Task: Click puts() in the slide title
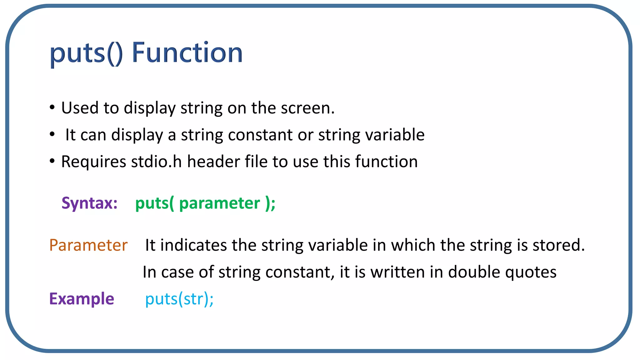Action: pyautogui.click(x=86, y=53)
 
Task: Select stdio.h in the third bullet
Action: pyautogui.click(x=156, y=162)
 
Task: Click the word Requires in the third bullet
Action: pyautogui.click(x=93, y=162)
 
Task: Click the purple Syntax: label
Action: pyautogui.click(x=89, y=203)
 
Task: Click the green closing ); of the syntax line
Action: pyautogui.click(x=270, y=203)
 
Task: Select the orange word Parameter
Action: pyautogui.click(x=88, y=245)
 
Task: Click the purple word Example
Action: pyautogui.click(x=82, y=299)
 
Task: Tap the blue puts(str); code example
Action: pyautogui.click(x=179, y=299)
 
